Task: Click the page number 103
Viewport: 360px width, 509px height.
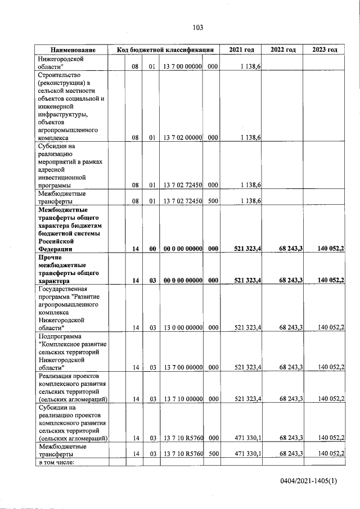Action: [x=197, y=28]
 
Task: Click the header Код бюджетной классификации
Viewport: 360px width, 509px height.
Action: [x=165, y=50]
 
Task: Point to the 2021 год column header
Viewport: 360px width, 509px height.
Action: [x=241, y=50]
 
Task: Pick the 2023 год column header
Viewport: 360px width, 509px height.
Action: [x=325, y=50]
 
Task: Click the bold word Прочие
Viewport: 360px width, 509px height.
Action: [x=49, y=257]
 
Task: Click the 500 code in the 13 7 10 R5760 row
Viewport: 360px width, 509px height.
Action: [x=213, y=453]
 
